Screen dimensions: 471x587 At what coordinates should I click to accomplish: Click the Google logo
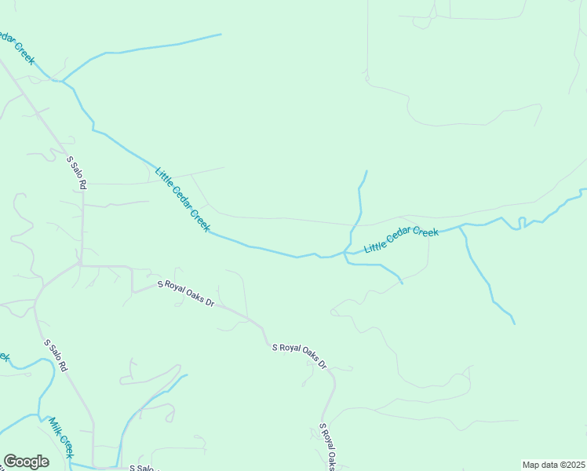point(26,462)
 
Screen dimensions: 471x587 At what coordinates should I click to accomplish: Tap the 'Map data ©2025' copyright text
point(552,465)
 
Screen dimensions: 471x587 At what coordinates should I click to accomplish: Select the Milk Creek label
point(60,438)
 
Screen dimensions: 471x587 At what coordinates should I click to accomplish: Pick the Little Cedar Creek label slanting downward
point(182,199)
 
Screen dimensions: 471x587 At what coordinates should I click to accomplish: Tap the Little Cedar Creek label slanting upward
point(401,241)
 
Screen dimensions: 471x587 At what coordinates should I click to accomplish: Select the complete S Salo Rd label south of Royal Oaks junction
point(56,356)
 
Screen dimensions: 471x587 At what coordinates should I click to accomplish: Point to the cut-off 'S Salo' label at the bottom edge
point(144,468)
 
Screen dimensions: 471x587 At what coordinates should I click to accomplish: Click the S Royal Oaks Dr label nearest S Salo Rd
point(186,293)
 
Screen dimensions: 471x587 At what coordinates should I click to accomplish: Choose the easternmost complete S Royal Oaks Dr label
point(299,356)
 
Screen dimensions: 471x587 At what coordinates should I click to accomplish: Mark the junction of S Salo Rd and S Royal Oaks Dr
point(79,265)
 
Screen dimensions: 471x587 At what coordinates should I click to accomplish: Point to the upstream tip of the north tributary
point(366,170)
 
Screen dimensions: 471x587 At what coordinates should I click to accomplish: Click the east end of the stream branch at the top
point(221,35)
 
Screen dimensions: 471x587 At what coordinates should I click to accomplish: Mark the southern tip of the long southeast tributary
point(515,323)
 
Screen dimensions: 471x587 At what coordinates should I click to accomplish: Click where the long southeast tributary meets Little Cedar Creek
point(461,227)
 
